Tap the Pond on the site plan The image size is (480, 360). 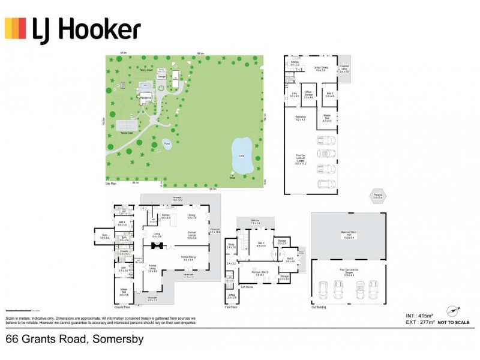point(167,144)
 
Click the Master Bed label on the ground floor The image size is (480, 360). point(125,293)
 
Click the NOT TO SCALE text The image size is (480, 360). point(455,323)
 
